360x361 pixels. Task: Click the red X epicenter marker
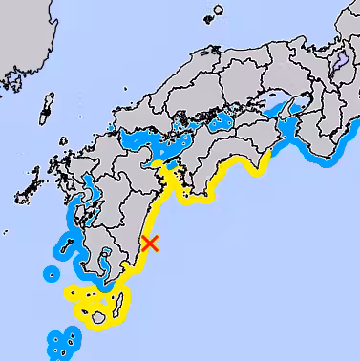[149, 243]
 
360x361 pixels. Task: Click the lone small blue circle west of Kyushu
[49, 274]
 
